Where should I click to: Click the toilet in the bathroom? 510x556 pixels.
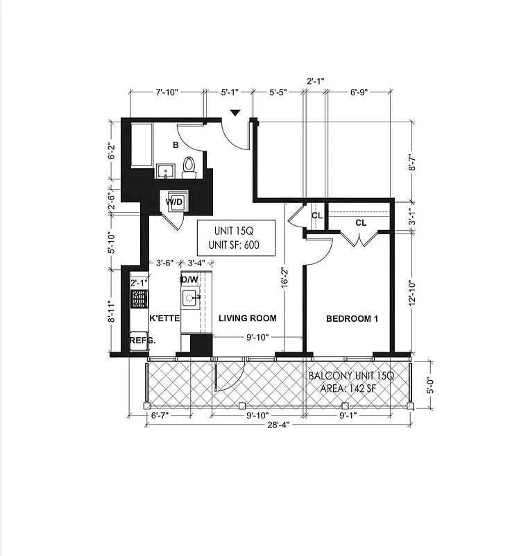[x=189, y=166]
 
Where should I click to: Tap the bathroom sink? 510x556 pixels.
[x=165, y=170]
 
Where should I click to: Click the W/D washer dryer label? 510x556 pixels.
[x=173, y=202]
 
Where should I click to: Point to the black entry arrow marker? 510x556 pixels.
[x=236, y=113]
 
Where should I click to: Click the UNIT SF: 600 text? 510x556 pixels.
[x=236, y=245]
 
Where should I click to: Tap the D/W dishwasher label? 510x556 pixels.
[x=189, y=280]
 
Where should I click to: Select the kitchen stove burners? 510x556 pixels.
[x=139, y=299]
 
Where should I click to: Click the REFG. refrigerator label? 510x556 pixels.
[x=141, y=341]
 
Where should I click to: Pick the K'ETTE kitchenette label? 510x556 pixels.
[x=165, y=318]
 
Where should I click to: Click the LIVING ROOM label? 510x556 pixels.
[x=248, y=318]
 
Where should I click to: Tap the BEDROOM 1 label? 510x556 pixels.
[x=352, y=319]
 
